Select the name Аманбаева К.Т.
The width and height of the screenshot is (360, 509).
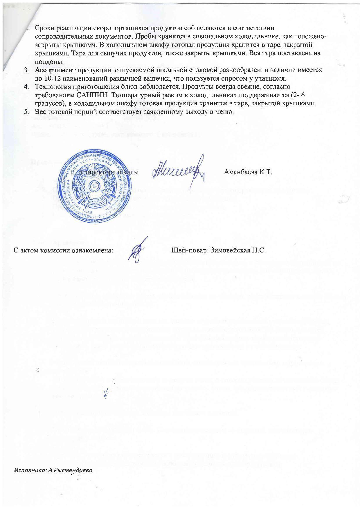tap(248, 172)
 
